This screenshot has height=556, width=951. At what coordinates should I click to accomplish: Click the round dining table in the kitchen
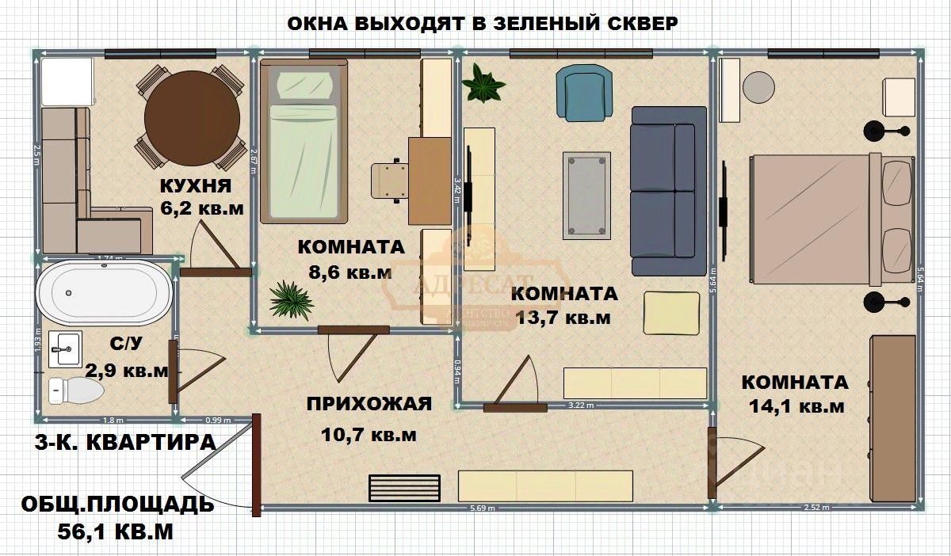[192, 118]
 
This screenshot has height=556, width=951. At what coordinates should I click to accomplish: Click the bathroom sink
[66, 348]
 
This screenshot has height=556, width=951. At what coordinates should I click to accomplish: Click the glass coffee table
[587, 195]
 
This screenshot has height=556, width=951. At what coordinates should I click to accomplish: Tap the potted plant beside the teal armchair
[484, 83]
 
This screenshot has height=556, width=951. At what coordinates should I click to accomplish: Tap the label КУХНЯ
[196, 187]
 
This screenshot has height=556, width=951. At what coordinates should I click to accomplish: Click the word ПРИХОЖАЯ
[369, 404]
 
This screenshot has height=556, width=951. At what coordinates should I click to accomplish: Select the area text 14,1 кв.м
[796, 407]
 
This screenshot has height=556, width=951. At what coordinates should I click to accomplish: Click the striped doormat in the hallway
[404, 487]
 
